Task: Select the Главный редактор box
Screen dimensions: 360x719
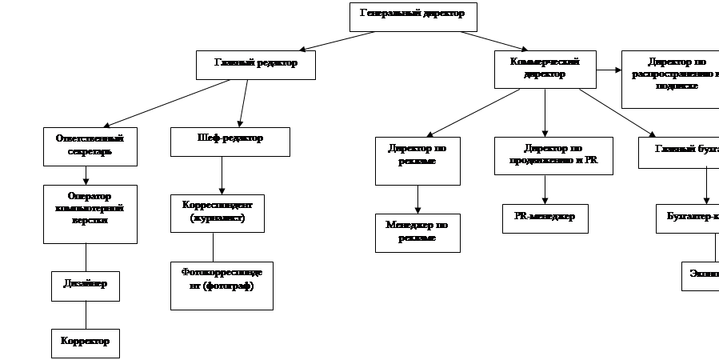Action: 255,65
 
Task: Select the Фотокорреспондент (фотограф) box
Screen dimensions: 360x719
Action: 222,285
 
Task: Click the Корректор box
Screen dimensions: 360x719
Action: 85,342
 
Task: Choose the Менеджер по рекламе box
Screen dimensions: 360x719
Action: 417,232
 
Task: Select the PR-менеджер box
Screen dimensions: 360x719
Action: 545,218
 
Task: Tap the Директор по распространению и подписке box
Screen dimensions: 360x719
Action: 670,78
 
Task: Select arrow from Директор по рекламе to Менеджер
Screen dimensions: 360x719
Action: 417,198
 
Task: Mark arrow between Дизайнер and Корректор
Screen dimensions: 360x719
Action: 85,314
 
